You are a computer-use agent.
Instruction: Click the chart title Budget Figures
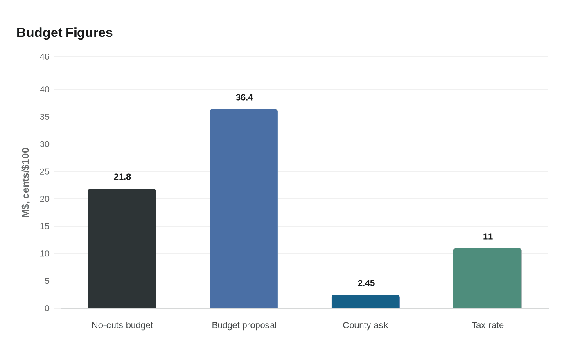point(64,32)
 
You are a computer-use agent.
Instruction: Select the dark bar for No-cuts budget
point(122,248)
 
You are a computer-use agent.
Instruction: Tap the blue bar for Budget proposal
point(244,209)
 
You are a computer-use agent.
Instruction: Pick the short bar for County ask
point(365,301)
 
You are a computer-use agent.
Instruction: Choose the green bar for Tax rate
point(487,278)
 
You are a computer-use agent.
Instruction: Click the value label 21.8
point(122,177)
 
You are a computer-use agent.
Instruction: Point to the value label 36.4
point(244,97)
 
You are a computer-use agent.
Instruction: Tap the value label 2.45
point(366,283)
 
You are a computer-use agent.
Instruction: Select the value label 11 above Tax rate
point(488,236)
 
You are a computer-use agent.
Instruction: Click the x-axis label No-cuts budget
point(122,325)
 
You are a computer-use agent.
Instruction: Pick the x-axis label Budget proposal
point(244,325)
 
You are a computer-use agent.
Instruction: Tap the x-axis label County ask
point(365,325)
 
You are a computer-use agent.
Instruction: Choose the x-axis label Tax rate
point(488,325)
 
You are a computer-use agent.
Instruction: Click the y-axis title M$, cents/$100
point(26,182)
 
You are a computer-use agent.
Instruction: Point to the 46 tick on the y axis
point(44,57)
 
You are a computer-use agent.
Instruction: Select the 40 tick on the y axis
point(44,90)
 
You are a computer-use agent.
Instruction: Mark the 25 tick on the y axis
point(44,172)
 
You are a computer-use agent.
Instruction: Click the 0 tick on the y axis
point(47,308)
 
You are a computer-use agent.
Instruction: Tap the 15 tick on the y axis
point(44,226)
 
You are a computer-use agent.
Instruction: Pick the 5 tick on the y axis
point(47,281)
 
